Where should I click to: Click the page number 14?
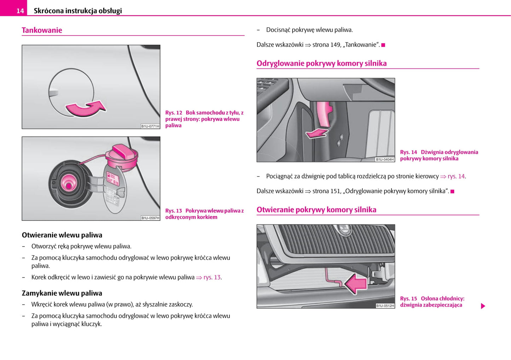click(x=20, y=11)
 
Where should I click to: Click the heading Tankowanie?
click(x=42, y=30)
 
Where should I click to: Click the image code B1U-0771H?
click(x=150, y=126)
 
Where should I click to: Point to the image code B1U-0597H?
click(x=150, y=218)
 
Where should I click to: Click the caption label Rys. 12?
click(x=174, y=113)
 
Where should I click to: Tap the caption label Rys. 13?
click(x=173, y=211)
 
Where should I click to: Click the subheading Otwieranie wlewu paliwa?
click(x=62, y=235)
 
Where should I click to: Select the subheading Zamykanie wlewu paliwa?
click(x=62, y=293)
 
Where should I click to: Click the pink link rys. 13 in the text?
click(x=212, y=277)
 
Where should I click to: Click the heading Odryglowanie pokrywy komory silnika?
click(x=321, y=64)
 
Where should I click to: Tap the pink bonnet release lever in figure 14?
click(x=323, y=113)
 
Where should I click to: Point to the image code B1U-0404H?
click(x=385, y=159)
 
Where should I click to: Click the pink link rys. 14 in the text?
click(x=456, y=176)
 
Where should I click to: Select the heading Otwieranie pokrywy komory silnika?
click(x=316, y=210)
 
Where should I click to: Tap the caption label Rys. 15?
click(x=408, y=299)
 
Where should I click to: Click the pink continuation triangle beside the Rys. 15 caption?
click(x=483, y=306)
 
